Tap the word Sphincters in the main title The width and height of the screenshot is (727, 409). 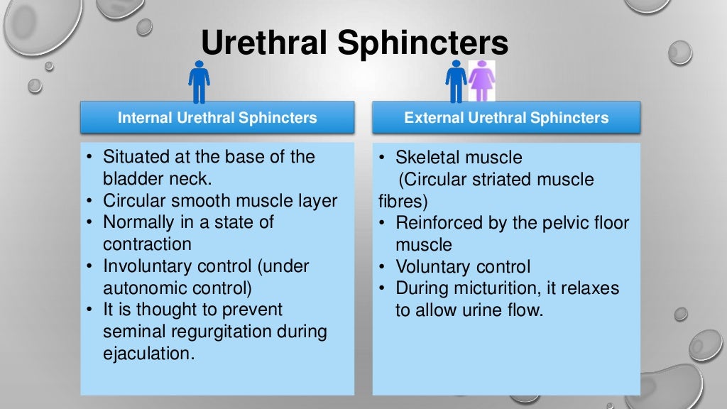click(x=423, y=44)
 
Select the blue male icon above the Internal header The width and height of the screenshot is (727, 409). click(x=199, y=82)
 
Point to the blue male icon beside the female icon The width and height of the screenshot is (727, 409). click(x=456, y=82)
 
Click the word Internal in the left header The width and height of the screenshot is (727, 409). click(x=143, y=118)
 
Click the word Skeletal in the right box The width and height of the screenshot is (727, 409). click(x=428, y=156)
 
